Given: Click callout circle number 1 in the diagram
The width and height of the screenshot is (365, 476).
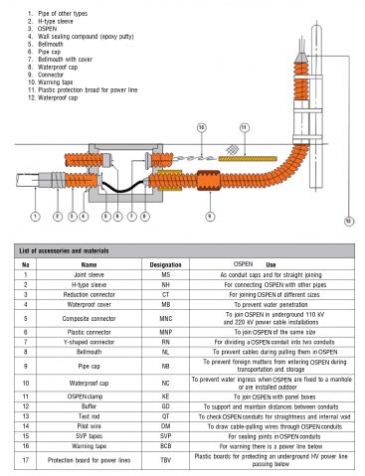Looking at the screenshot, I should coord(37,215).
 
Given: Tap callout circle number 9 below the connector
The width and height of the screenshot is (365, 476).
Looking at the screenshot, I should coord(209,215).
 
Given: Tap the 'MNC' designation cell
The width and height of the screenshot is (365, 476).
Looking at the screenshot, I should coord(165,319).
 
